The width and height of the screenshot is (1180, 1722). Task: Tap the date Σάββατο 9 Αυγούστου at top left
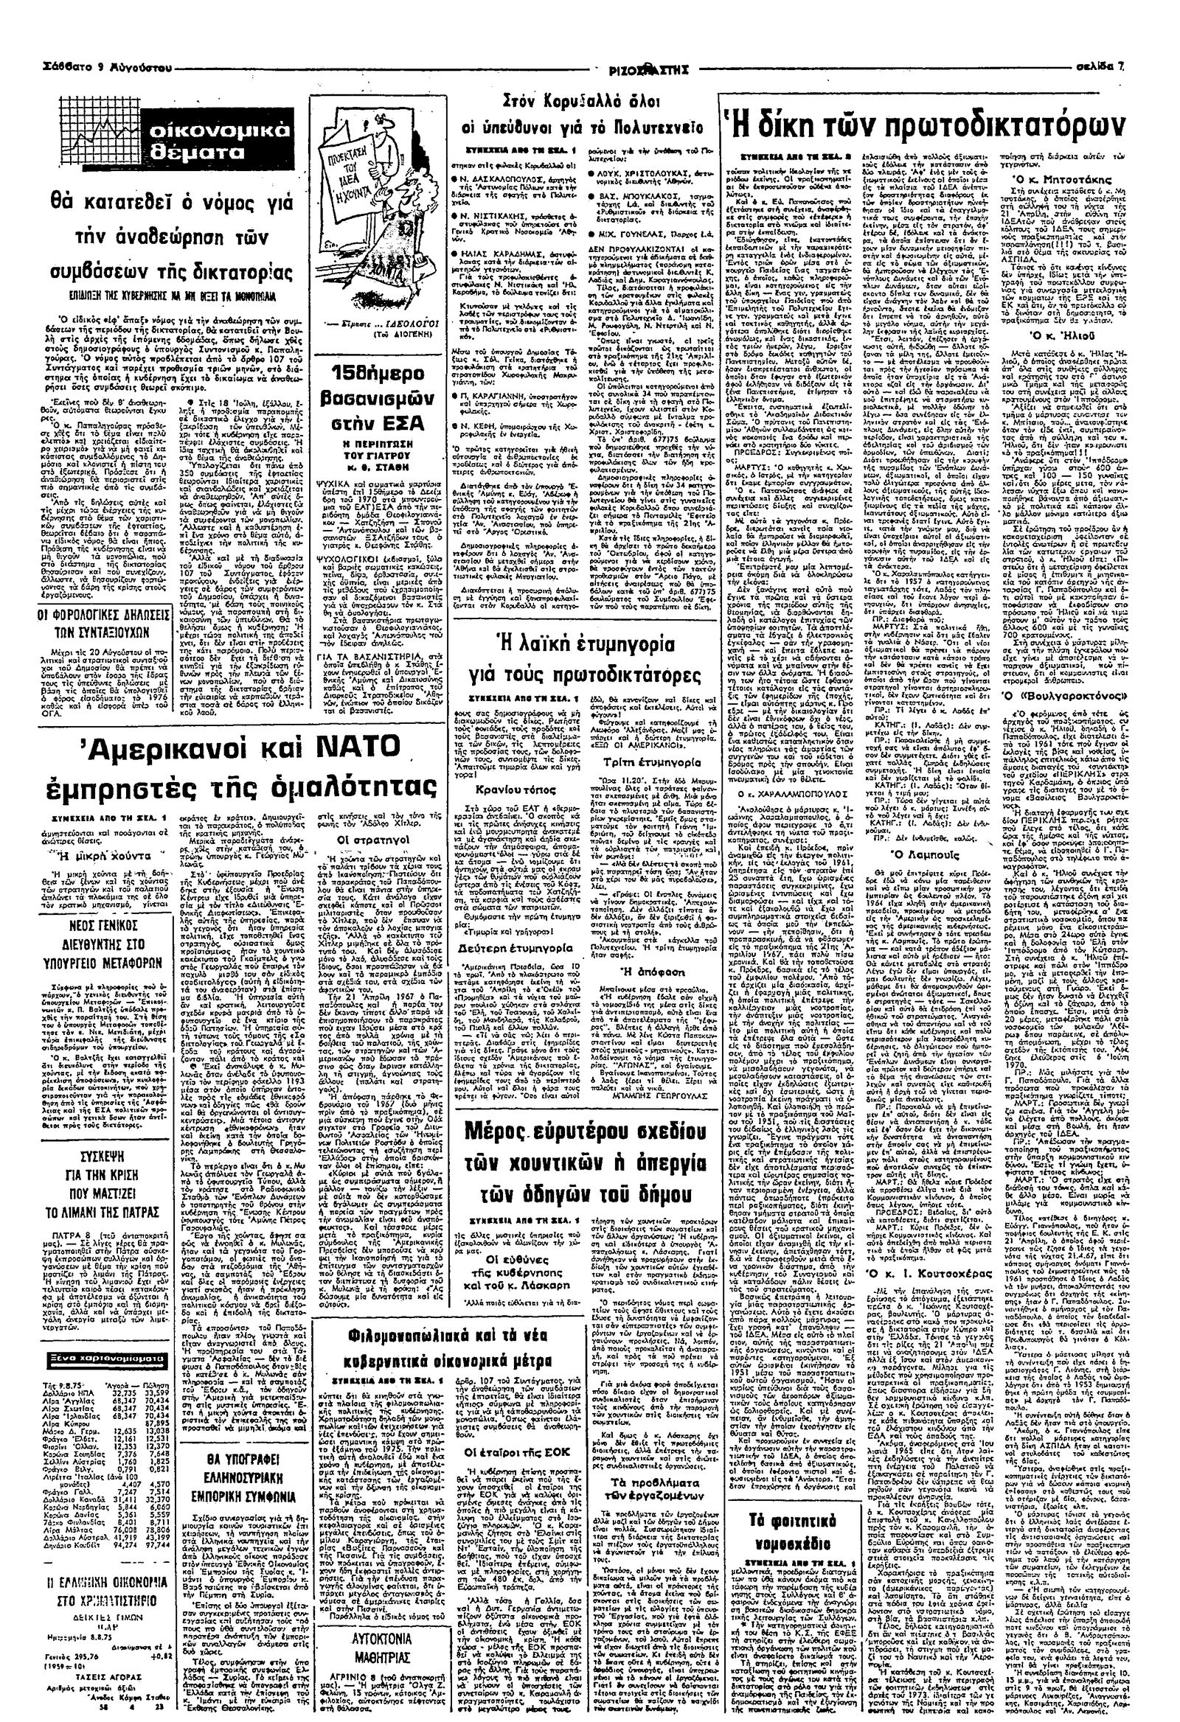(89, 67)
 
